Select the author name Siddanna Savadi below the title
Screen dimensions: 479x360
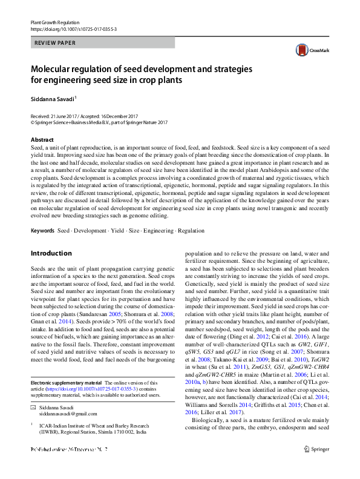(x=53, y=97)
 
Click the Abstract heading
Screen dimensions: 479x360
(x=42, y=140)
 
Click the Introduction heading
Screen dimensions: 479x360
(x=51, y=253)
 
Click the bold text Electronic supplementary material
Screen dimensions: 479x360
(x=66, y=366)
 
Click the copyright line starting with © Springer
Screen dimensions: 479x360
(x=99, y=122)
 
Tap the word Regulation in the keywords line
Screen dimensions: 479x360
(x=191, y=231)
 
